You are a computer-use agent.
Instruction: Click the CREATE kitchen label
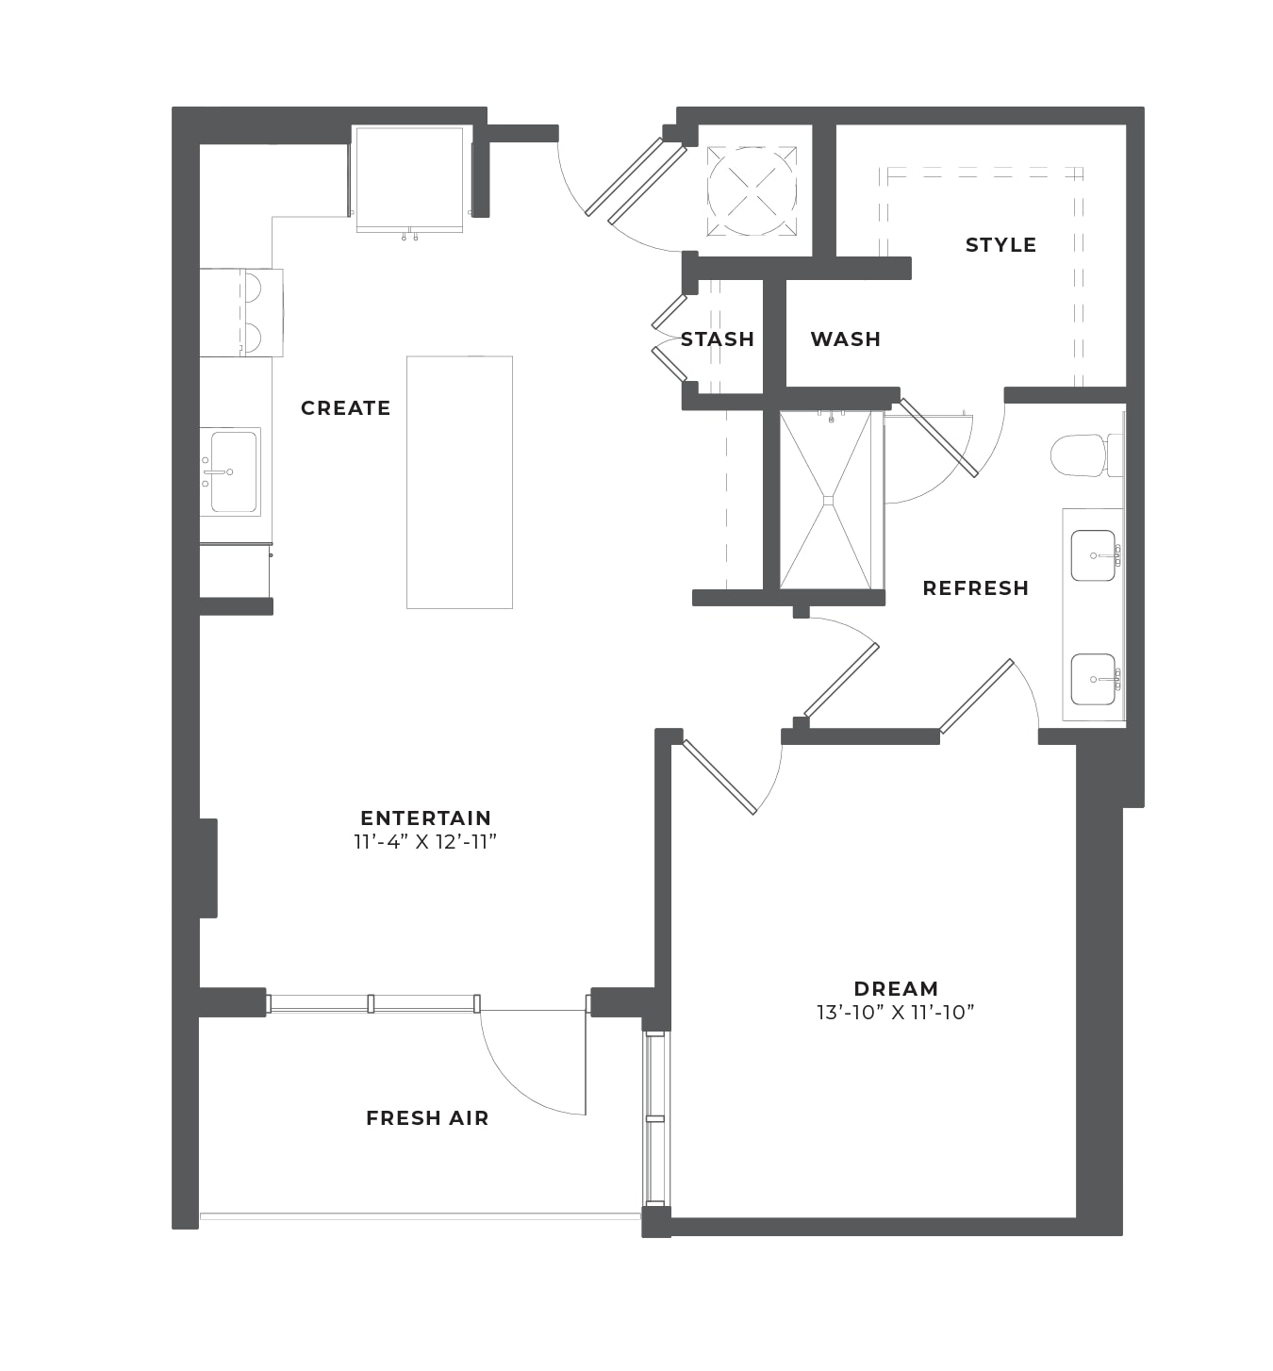pos(345,408)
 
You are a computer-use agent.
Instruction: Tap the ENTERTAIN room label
pos(425,818)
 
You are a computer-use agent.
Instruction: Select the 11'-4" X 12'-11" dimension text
pos(425,842)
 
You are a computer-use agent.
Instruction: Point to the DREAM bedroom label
pos(896,988)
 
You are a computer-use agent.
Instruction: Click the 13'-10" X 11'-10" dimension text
pos(895,1013)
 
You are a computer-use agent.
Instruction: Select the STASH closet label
pos(717,339)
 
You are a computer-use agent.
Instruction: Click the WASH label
pos(846,339)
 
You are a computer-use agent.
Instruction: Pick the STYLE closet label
pos(1000,245)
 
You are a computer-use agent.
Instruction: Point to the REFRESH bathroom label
pos(975,588)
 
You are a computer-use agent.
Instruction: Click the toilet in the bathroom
pos(1086,454)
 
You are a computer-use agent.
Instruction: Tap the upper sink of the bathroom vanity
pos(1094,555)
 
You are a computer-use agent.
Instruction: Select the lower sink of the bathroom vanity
pos(1094,679)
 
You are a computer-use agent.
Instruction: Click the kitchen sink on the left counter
pos(231,471)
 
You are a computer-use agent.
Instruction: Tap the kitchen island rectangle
pos(459,482)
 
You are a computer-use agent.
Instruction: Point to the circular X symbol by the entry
pos(752,191)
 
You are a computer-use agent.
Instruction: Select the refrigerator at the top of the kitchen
pos(409,179)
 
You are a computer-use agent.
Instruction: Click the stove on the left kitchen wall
pos(241,313)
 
